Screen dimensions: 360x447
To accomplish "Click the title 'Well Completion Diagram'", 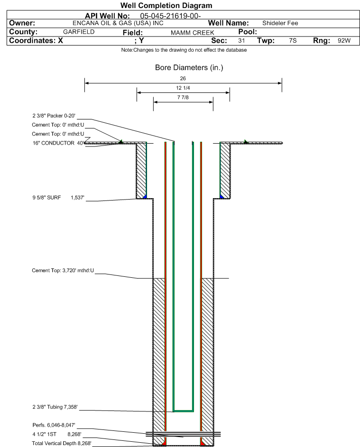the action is pyautogui.click(x=166, y=5).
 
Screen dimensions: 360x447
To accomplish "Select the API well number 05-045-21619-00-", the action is pyautogui.click(x=170, y=16).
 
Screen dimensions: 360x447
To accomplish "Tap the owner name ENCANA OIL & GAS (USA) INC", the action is pyautogui.click(x=118, y=23).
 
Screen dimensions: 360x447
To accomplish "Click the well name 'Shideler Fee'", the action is pyautogui.click(x=280, y=23).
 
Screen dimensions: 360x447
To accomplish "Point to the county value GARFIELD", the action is pyautogui.click(x=79, y=32).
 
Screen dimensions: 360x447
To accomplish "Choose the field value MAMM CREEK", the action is pyautogui.click(x=192, y=33).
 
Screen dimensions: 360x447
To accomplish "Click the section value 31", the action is pyautogui.click(x=241, y=40).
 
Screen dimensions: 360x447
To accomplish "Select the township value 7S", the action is pyautogui.click(x=293, y=40).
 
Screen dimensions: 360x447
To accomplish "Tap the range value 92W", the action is pyautogui.click(x=344, y=40).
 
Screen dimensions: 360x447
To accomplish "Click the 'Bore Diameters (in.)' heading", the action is pyautogui.click(x=189, y=68).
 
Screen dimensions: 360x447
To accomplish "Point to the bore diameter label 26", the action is pyautogui.click(x=183, y=78).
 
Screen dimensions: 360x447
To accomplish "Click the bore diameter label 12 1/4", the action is pyautogui.click(x=183, y=88).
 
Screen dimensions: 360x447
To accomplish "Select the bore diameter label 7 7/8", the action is pyautogui.click(x=183, y=98).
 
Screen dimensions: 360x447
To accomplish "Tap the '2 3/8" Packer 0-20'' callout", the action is pyautogui.click(x=54, y=116).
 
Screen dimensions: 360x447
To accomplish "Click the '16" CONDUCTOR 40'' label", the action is pyautogui.click(x=58, y=143).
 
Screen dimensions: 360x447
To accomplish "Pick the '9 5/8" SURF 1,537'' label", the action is pyautogui.click(x=58, y=198).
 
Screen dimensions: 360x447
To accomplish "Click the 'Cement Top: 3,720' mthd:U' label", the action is pyautogui.click(x=63, y=271).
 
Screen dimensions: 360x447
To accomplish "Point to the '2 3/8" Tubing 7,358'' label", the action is pyautogui.click(x=55, y=407).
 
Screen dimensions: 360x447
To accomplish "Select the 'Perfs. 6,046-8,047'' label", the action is pyautogui.click(x=54, y=425).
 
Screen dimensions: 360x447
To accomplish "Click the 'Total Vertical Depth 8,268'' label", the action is pyautogui.click(x=62, y=443).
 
